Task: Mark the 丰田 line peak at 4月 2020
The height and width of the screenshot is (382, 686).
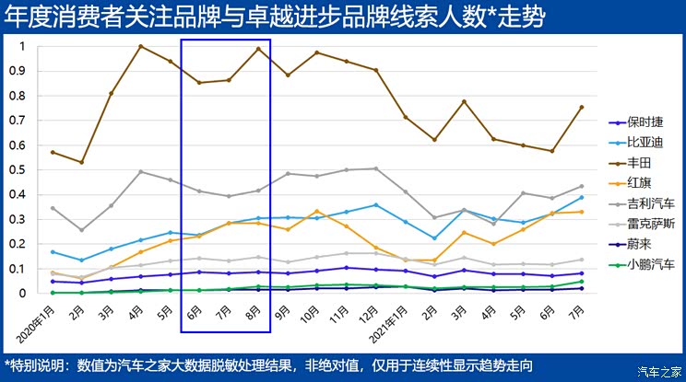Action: coord(141,46)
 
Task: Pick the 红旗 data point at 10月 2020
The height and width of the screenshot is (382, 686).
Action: coord(317,211)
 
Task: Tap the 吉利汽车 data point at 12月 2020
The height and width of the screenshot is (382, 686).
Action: coord(375,168)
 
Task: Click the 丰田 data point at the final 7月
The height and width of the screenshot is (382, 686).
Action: coord(581,107)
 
